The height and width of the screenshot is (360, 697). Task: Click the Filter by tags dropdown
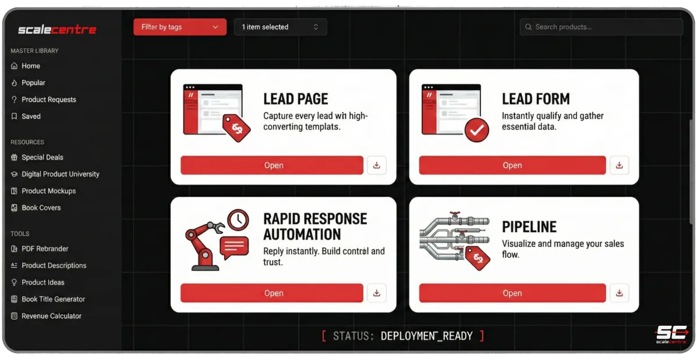point(180,27)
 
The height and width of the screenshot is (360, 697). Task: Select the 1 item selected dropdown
point(281,27)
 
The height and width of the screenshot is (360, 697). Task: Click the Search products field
point(601,27)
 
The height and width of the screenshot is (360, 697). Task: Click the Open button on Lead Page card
point(272,165)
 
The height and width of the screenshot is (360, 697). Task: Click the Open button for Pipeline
point(512,293)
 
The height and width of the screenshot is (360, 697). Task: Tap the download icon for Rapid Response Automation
point(377,293)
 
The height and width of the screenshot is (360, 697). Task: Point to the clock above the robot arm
point(238,219)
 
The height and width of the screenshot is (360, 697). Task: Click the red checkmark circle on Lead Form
point(477,130)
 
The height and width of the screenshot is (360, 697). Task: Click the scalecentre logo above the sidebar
point(58,30)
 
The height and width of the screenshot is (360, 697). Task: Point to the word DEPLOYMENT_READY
point(426,336)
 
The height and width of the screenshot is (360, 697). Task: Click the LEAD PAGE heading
point(296,99)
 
